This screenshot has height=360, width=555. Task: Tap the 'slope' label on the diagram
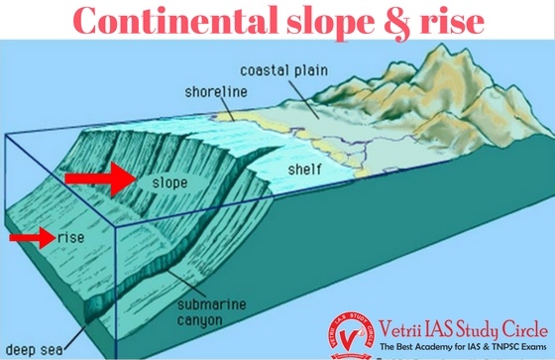point(171,182)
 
